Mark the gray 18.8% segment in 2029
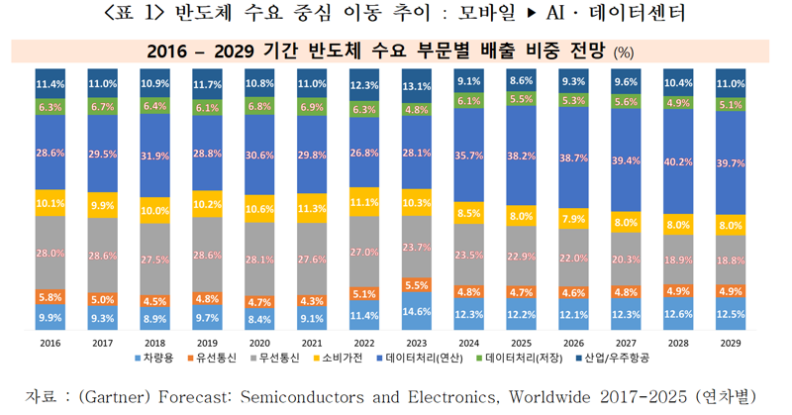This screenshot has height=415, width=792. click(732, 259)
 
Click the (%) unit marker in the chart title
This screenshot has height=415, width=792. click(626, 52)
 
